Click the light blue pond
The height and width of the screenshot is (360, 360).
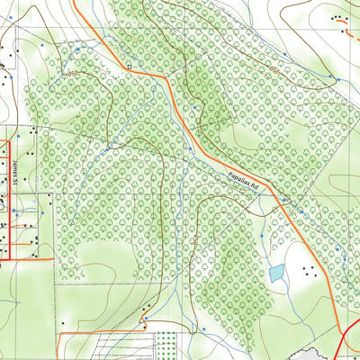coord(277,273)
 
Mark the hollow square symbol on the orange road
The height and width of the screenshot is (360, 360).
coord(130,67)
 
